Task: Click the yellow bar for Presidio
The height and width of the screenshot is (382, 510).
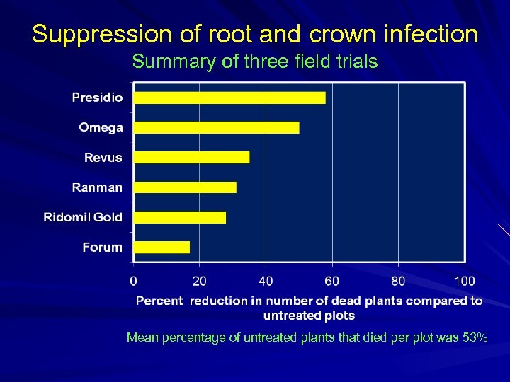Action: point(229,98)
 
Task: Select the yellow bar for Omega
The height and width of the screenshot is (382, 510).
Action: point(217,127)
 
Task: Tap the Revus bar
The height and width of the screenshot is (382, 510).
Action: point(192,157)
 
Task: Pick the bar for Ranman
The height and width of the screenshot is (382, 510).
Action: point(185,187)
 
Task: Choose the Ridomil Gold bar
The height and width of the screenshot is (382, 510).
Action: point(180,217)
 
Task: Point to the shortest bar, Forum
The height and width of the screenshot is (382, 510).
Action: point(162,247)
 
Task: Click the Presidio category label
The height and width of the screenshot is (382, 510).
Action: point(97,98)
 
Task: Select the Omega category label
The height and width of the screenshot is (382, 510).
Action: point(101,127)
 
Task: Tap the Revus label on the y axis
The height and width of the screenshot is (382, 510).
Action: point(103,157)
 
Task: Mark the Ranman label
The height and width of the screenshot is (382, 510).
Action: point(97,187)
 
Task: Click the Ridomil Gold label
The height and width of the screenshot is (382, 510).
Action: point(83,217)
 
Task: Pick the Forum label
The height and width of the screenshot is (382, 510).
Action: point(102,247)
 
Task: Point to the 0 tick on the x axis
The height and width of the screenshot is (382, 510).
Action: point(134,281)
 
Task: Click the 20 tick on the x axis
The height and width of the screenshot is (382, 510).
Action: point(200,281)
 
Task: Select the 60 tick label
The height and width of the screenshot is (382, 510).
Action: point(331,281)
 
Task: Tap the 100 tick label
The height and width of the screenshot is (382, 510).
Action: point(465,281)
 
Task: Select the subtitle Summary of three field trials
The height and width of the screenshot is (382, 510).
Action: point(255,62)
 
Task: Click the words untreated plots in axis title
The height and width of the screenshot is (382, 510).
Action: point(309,315)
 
